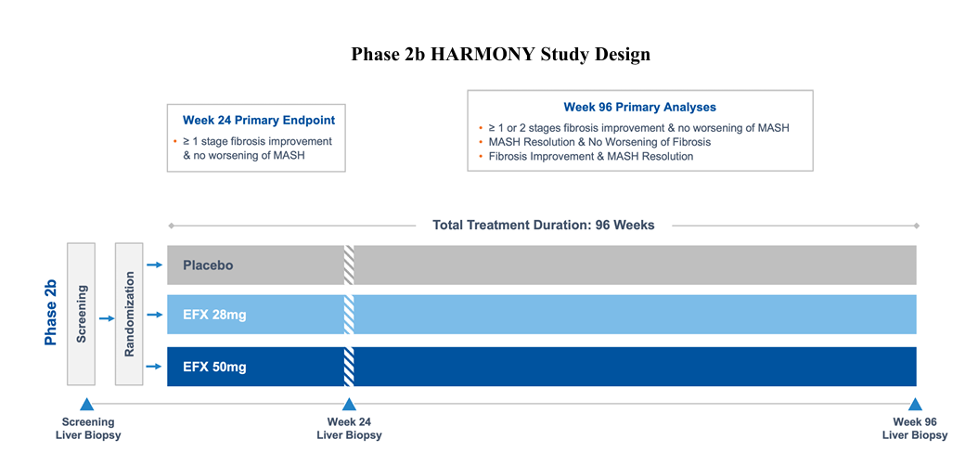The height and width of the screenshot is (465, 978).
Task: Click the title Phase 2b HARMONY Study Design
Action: coord(500,55)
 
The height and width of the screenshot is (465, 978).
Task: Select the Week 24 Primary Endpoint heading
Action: coord(258,120)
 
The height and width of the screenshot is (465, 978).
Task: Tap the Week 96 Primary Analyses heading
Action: coord(639,107)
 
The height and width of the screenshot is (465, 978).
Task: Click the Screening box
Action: coord(81,314)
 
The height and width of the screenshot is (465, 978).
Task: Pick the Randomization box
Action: coord(129,314)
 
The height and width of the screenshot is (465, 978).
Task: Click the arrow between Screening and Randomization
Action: coord(107,319)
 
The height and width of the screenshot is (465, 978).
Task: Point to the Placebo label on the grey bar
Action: coord(208,265)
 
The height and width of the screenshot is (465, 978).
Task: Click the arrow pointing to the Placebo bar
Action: coord(154,265)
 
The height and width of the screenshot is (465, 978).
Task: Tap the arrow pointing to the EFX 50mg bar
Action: coord(154,367)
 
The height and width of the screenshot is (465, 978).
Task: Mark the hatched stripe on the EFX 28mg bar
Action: coord(349,315)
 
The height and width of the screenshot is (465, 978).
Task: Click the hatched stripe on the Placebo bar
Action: coord(349,265)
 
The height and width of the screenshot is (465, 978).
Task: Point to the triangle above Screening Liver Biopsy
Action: coord(86,405)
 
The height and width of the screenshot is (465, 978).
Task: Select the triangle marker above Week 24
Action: coord(349,405)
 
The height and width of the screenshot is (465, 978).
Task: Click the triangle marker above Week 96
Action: coord(915,405)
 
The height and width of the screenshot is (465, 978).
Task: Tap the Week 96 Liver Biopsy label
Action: coord(914,428)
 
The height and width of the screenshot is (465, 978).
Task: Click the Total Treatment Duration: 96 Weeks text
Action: coord(543,225)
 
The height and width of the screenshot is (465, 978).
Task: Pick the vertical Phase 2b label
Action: coord(51,313)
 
